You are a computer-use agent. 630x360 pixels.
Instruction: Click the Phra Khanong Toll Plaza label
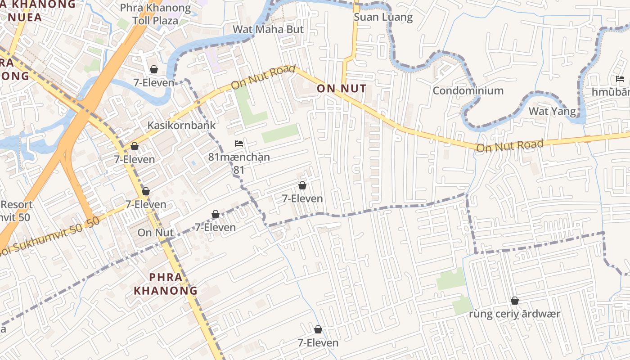pos(155,14)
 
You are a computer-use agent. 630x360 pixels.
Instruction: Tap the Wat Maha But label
pos(268,29)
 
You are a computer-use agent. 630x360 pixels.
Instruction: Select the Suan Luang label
pos(383,17)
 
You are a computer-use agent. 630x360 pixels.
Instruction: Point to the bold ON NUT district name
pos(342,88)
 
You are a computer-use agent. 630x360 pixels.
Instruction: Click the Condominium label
pos(468,90)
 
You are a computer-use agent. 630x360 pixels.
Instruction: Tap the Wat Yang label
pos(552,111)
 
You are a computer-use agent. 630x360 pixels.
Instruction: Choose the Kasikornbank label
pos(182,125)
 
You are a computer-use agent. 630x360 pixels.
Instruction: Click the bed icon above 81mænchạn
pos(239,144)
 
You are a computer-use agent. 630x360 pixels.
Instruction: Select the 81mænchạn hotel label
pos(239,157)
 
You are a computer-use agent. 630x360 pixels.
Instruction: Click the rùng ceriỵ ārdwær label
pos(514,314)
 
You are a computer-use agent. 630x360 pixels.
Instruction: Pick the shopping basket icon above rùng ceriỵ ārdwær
pos(515,301)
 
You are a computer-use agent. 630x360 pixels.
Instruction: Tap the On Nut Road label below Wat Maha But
pos(263,78)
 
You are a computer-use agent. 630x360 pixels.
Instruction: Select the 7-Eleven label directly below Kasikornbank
pos(134,159)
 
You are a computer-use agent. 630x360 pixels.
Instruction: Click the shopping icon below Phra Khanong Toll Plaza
pos(154,69)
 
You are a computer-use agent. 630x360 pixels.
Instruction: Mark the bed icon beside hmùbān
pos(620,79)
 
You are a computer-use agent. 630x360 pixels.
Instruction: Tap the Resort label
pos(17,205)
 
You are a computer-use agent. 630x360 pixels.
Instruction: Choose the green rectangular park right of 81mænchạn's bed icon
pos(280,134)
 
